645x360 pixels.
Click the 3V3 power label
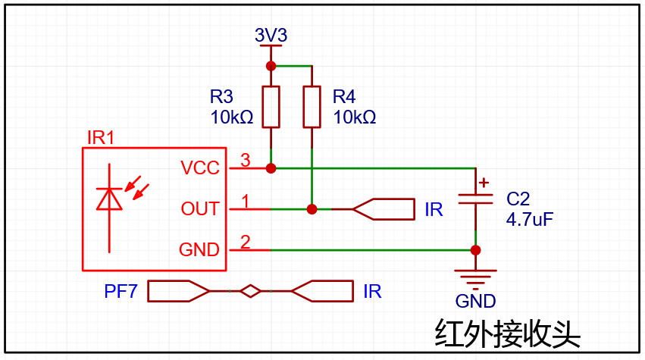tap(271, 35)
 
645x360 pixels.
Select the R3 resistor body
tap(271, 107)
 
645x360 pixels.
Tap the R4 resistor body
tap(312, 107)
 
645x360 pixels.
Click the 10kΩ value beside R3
tap(232, 117)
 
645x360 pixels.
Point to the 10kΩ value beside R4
tap(354, 117)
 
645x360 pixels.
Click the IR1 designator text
tap(101, 138)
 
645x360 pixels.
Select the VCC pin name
tap(200, 167)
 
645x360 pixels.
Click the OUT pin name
tap(200, 209)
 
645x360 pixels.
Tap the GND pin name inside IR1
tap(199, 250)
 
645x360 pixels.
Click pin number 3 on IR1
tap(245, 160)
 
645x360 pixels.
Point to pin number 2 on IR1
tap(245, 242)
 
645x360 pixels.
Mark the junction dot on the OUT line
tap(312, 209)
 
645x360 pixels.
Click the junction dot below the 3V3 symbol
tap(271, 66)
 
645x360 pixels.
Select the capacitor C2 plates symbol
tap(475, 199)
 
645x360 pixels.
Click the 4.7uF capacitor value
tap(529, 219)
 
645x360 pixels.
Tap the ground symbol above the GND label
tap(475, 279)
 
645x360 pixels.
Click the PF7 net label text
tap(121, 291)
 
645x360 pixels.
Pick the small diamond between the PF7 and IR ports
tap(251, 291)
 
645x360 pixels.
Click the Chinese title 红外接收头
tap(507, 333)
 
